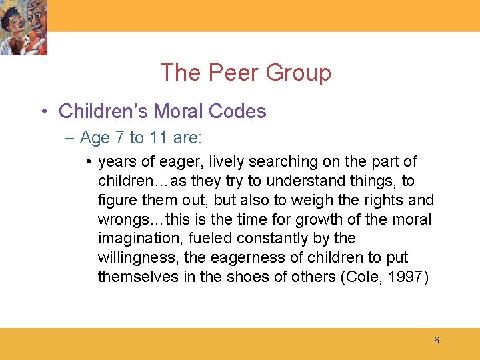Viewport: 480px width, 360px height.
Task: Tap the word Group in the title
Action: (x=296, y=73)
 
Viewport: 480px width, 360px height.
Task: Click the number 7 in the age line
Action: (x=119, y=138)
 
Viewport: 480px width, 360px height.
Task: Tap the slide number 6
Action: (x=437, y=341)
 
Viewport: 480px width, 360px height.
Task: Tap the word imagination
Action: (x=139, y=239)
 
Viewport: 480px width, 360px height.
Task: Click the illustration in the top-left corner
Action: (x=24, y=27)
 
